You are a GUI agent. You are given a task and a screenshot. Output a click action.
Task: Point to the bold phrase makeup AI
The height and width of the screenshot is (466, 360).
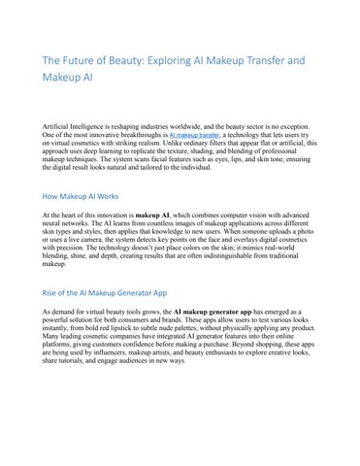point(154,212)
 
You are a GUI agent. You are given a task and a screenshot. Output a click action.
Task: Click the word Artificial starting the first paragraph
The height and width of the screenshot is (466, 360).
point(59,128)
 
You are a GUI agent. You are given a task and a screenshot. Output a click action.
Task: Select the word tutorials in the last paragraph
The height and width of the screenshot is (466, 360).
point(75,362)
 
